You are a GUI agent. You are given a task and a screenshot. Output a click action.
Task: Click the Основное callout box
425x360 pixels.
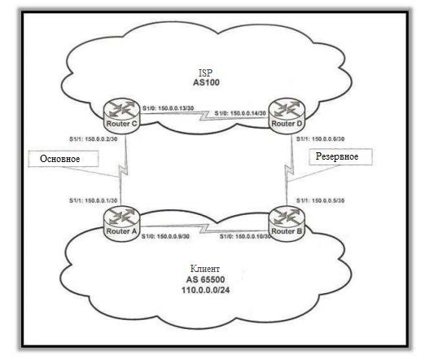pos(59,159)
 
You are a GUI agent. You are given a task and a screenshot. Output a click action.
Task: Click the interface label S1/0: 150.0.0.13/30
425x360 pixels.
pos(169,109)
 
